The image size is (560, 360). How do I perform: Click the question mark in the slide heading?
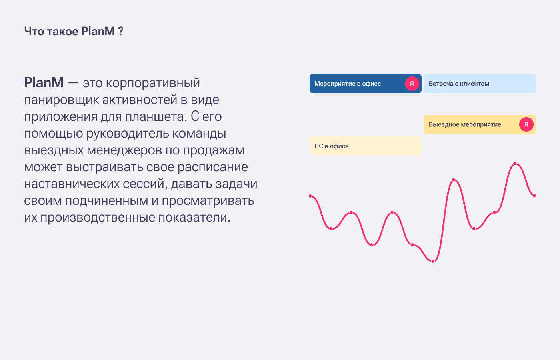120,32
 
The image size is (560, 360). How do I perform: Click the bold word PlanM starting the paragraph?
44,82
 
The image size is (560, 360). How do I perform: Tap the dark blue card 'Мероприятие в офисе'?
366,84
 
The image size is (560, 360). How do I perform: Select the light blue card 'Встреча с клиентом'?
480,84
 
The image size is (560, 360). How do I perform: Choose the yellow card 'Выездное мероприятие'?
480,124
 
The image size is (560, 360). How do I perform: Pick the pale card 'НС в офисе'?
366,146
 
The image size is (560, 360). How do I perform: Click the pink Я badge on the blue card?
412,84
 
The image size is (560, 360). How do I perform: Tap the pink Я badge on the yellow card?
526,124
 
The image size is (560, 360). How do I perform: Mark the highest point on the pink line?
515,164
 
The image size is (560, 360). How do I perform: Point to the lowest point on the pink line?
433,261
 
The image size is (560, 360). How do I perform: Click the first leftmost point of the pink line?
310,196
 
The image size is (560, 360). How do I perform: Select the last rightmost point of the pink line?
534,196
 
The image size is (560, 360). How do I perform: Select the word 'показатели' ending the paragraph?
194,218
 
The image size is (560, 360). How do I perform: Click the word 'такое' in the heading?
63,32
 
